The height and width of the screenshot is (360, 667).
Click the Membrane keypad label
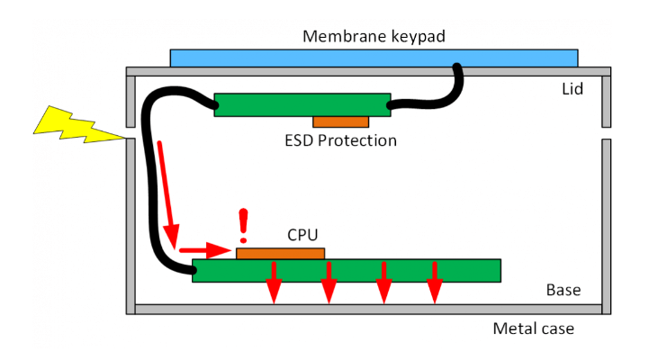[374, 37]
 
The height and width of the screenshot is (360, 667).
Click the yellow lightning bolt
[77, 125]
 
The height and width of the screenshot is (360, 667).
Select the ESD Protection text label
[340, 141]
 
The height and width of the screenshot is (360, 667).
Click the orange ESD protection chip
[340, 121]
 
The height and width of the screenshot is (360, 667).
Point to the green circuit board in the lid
[302, 104]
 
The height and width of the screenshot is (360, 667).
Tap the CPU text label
[302, 235]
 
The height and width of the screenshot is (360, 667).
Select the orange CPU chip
[280, 253]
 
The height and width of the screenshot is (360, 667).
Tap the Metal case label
[533, 328]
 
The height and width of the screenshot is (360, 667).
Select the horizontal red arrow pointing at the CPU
[204, 249]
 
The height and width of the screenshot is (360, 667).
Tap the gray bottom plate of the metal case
[369, 310]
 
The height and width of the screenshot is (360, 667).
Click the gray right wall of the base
[606, 225]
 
